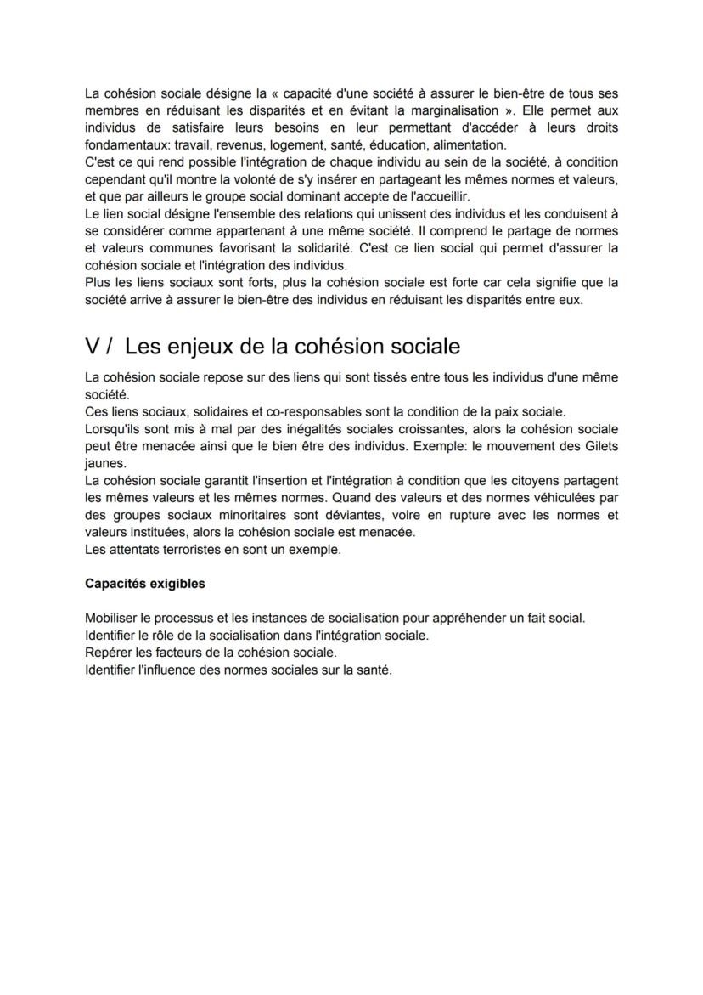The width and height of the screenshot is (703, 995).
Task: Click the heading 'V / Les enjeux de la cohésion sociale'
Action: (272, 347)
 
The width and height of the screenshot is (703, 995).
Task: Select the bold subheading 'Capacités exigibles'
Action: (144, 584)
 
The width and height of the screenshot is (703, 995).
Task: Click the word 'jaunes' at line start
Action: (104, 463)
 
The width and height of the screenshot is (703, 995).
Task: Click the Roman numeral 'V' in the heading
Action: (93, 347)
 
